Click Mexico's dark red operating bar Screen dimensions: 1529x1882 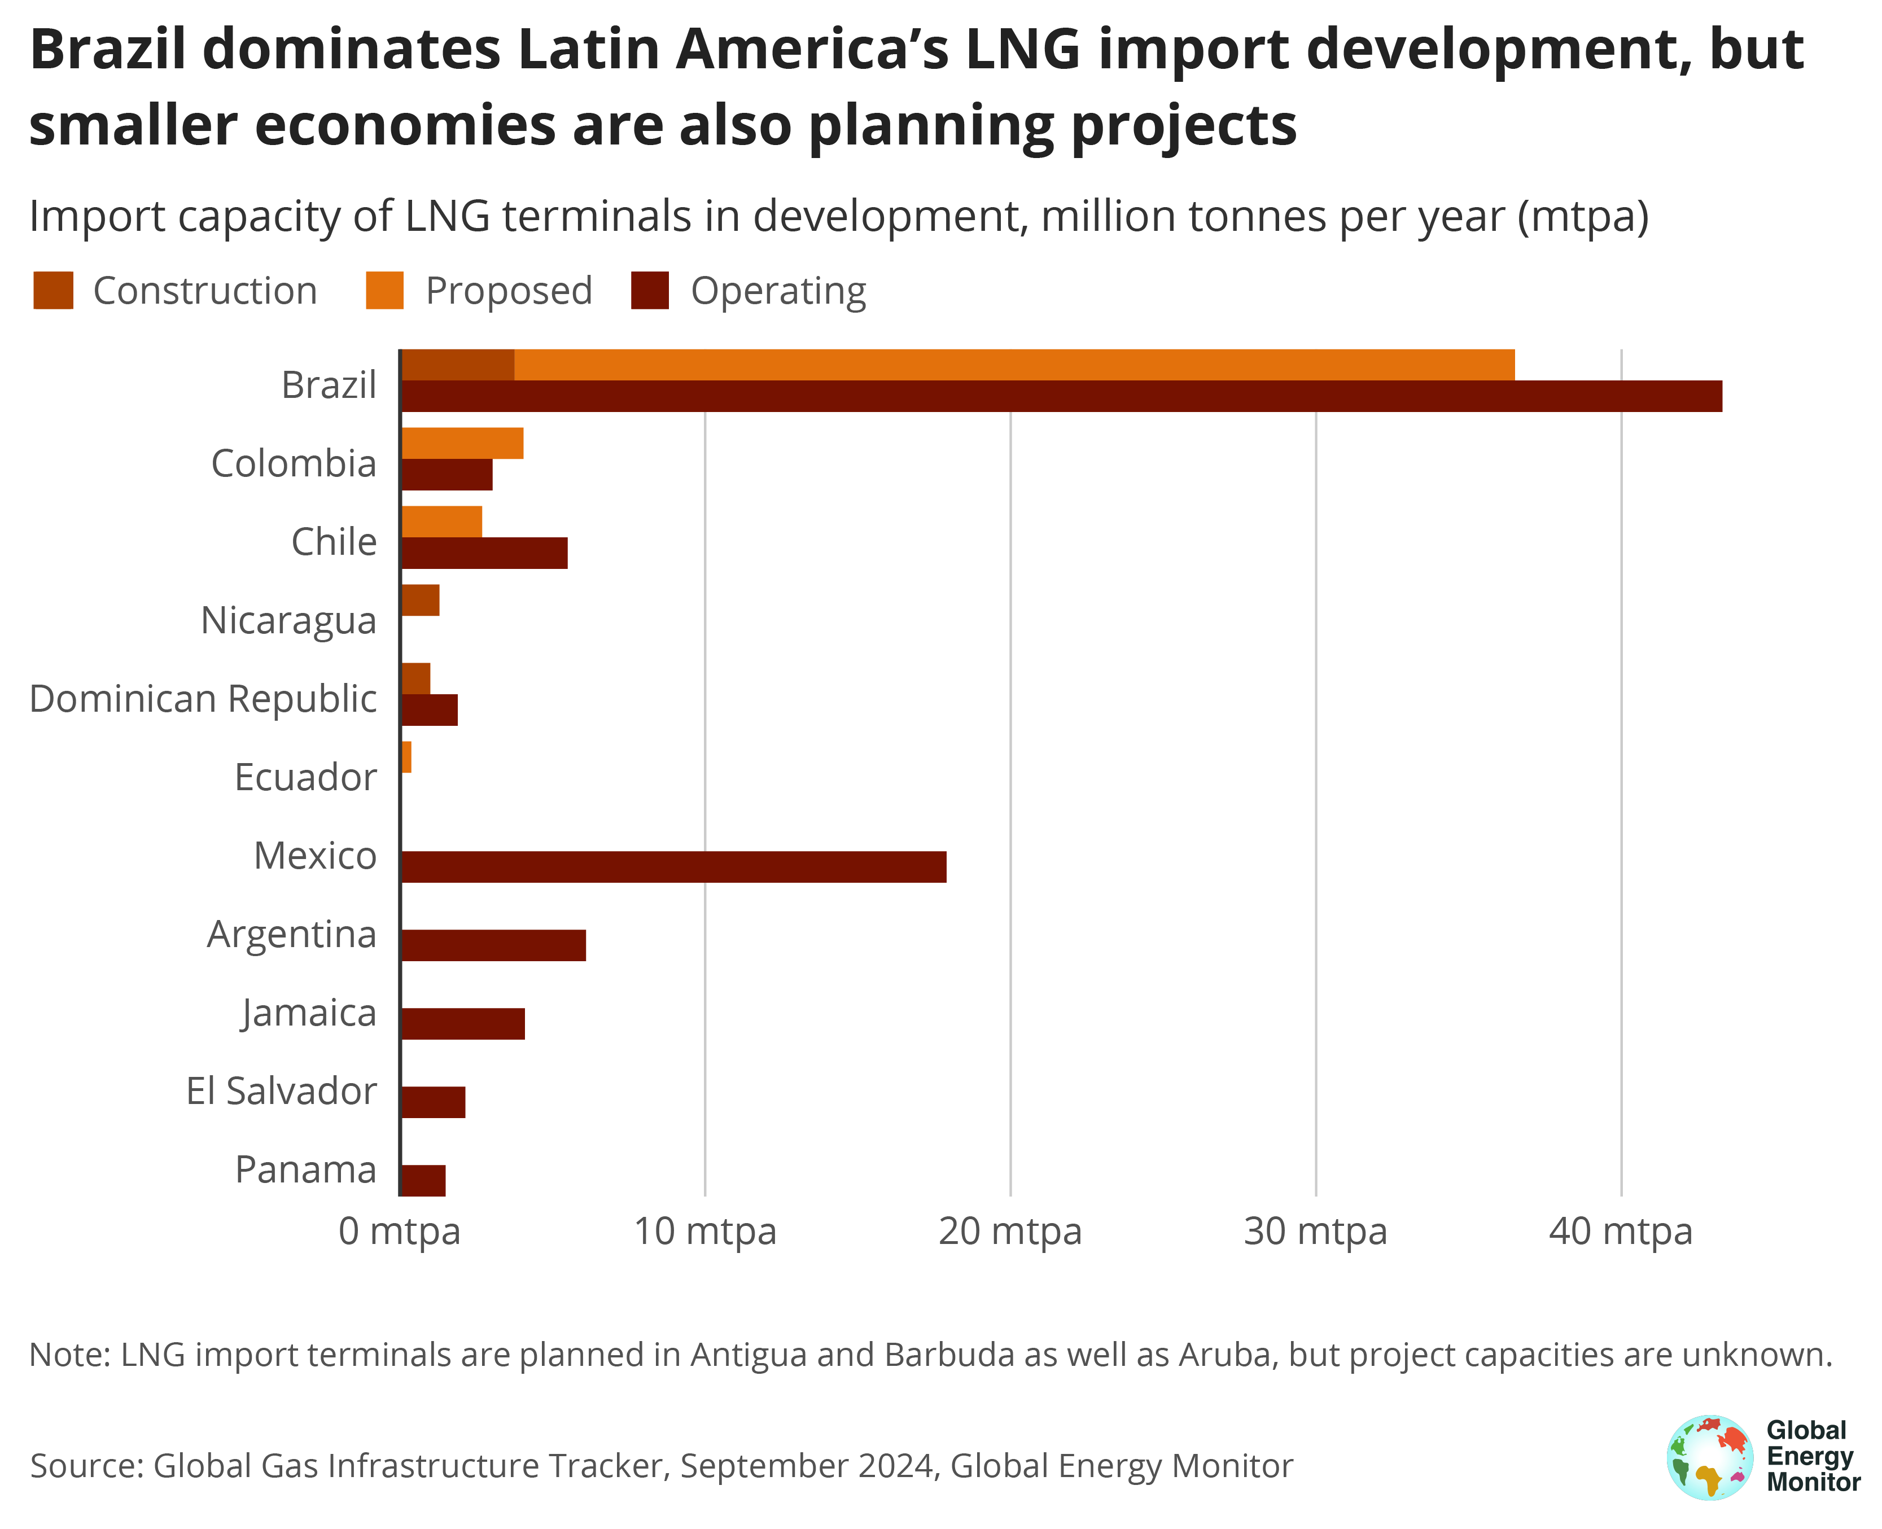pos(674,867)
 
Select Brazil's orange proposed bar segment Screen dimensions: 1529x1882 pos(1013,365)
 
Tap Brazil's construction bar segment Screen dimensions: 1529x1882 pos(458,365)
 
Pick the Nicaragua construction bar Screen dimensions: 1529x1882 pos(420,600)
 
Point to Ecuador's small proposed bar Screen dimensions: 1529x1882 pos(406,756)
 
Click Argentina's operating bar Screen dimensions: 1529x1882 pos(493,945)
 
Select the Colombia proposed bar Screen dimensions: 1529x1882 pos(462,443)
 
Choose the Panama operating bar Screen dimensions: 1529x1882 pos(423,1180)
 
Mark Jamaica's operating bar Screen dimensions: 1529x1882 pos(462,1023)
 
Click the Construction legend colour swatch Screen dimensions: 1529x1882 pos(53,291)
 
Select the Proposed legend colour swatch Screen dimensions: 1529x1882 pos(385,291)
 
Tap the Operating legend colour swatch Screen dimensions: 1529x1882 pos(650,291)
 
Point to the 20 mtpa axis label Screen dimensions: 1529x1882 pos(1010,1232)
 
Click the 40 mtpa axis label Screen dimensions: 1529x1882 pos(1621,1232)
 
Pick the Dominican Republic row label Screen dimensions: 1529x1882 pos(203,698)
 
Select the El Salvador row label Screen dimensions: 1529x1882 pos(281,1091)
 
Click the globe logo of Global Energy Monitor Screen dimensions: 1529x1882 pos(1709,1458)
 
